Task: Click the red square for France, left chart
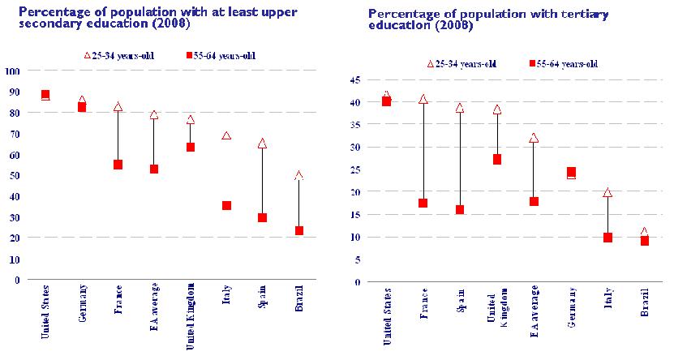point(118,164)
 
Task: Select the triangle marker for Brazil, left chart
point(298,175)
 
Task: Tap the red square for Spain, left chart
point(262,217)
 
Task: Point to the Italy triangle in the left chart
point(226,136)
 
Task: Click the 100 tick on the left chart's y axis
point(11,71)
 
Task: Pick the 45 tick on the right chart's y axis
point(356,80)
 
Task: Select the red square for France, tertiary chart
point(423,203)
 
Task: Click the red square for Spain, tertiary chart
point(459,209)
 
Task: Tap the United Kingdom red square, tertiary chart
point(496,159)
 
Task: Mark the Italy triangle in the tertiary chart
point(607,193)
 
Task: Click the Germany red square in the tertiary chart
point(571,172)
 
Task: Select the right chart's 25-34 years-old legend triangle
point(430,64)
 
